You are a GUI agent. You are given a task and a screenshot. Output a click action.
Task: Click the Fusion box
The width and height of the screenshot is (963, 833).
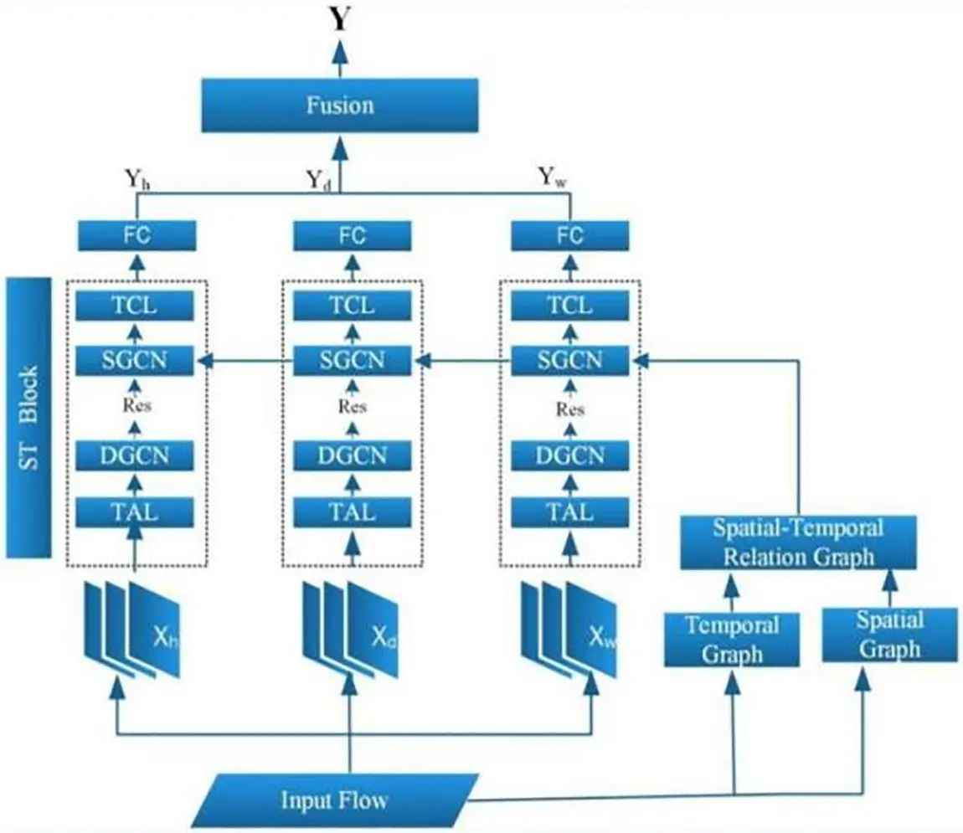339,105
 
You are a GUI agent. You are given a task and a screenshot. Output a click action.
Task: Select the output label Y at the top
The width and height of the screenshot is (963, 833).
339,18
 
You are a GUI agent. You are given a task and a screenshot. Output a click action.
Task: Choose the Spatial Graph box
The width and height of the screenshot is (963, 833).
889,635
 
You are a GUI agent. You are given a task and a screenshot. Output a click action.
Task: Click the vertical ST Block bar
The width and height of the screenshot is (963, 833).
28,419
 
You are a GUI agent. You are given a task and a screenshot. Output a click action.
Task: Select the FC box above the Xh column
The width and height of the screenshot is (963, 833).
136,235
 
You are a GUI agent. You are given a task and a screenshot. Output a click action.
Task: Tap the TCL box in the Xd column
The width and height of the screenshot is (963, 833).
352,307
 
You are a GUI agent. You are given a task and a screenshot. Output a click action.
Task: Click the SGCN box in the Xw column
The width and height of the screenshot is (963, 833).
570,361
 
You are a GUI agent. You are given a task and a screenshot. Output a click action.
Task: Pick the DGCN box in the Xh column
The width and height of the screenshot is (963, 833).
136,455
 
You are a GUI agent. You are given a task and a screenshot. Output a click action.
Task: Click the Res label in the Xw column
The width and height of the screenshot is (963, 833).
570,409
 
